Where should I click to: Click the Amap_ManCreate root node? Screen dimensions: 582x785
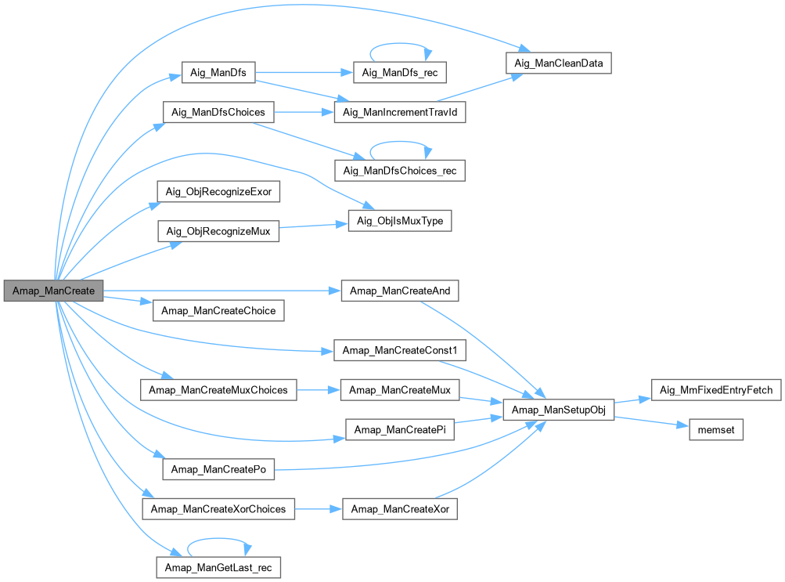click(53, 291)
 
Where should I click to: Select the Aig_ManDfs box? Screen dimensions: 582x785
click(218, 74)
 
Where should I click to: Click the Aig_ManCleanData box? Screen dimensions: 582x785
click(558, 63)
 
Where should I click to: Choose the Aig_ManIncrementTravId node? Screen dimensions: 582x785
click(400, 113)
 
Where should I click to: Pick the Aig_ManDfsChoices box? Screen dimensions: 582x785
click(218, 113)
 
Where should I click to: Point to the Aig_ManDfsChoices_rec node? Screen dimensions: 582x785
click(400, 170)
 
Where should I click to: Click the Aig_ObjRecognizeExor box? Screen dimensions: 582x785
click(218, 191)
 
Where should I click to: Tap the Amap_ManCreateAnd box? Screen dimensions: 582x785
click(400, 291)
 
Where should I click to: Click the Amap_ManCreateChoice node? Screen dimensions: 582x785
click(218, 310)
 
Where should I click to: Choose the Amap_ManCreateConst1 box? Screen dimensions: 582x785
click(400, 350)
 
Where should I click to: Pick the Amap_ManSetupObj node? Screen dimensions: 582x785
click(558, 410)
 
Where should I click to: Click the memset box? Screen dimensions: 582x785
click(715, 430)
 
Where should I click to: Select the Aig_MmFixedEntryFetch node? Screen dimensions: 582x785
click(715, 389)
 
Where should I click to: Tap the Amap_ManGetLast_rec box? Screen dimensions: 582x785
click(218, 566)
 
